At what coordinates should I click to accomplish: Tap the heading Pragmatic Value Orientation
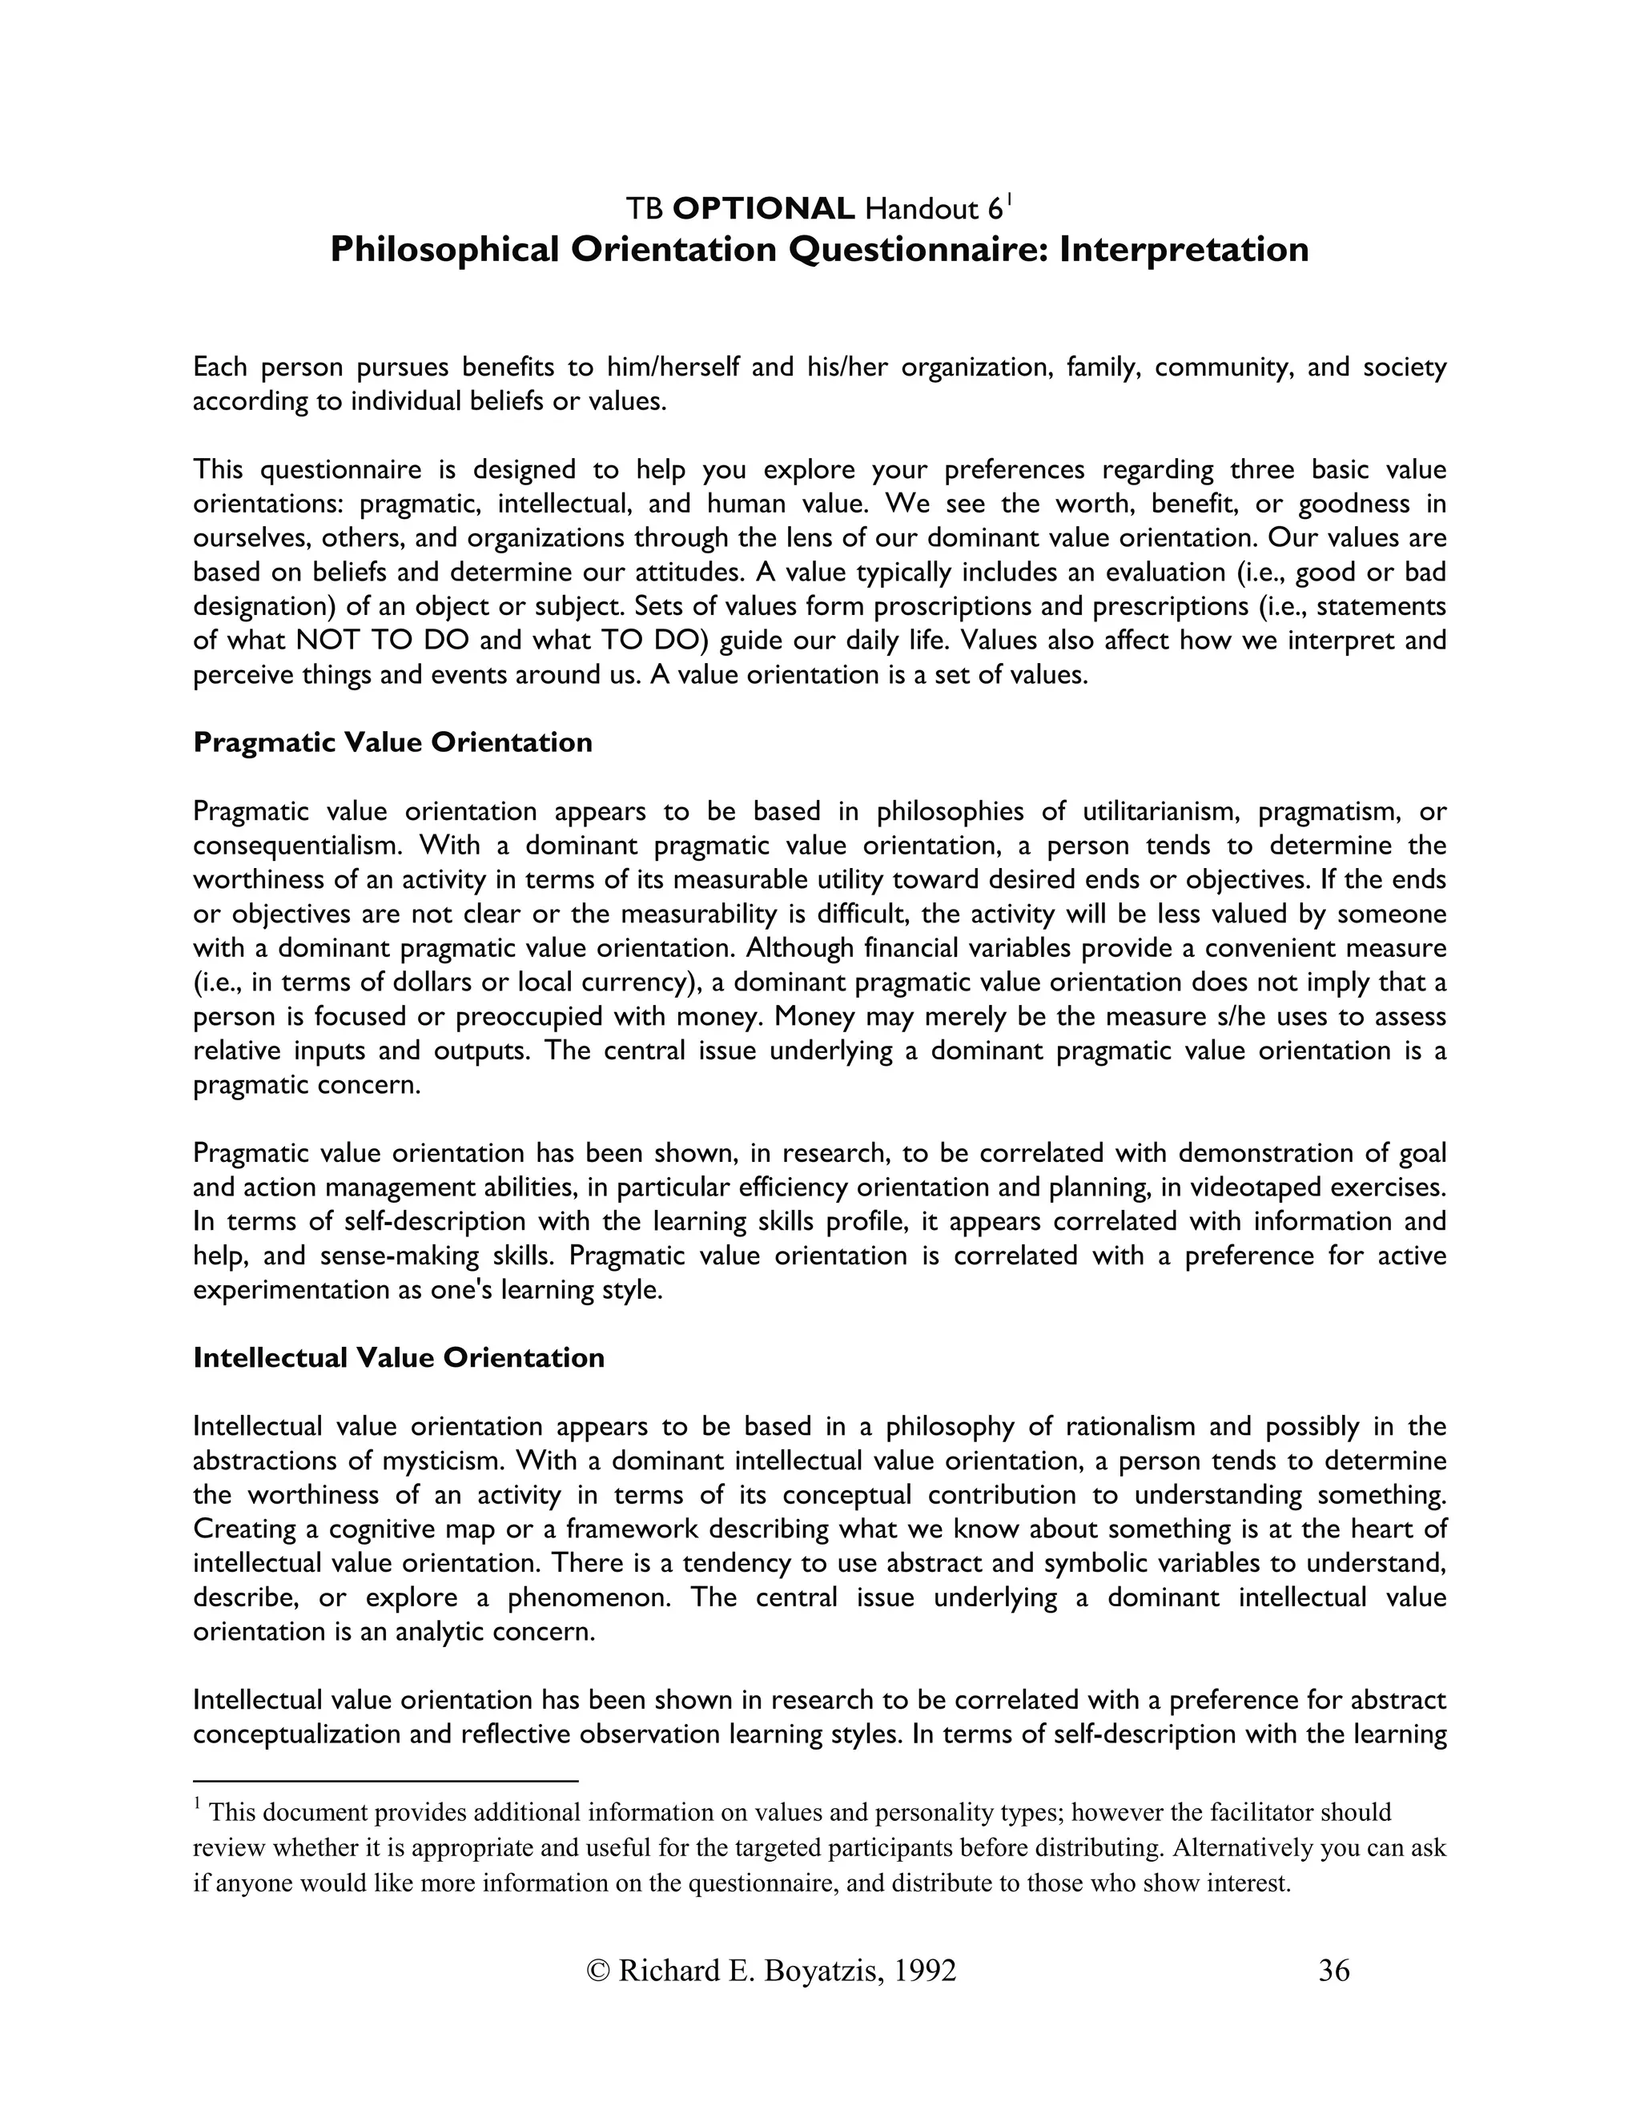[x=392, y=742]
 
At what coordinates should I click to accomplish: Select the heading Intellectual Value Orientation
[x=398, y=1357]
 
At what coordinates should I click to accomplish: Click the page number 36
[x=1334, y=1970]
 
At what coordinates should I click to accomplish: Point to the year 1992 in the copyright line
[x=924, y=1970]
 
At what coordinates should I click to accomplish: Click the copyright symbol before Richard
[x=600, y=1970]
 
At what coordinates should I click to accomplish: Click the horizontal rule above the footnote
[x=386, y=1781]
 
